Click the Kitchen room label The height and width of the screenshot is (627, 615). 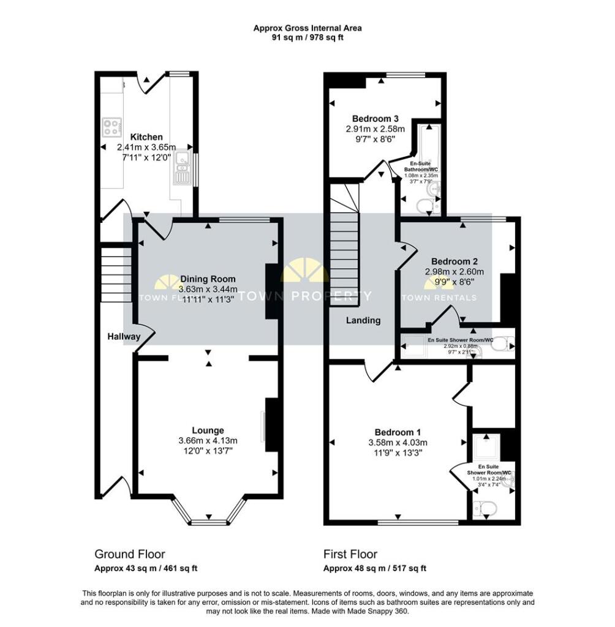pos(146,137)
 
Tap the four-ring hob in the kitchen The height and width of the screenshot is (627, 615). pos(111,127)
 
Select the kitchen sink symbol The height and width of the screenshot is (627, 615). pos(181,167)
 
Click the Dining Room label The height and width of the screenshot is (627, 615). pos(207,279)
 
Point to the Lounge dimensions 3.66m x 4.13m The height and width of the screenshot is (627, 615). pos(207,440)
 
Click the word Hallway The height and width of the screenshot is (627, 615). pos(124,337)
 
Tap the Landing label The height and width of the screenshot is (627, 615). pos(363,320)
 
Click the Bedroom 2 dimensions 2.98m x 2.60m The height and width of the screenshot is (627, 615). pos(454,272)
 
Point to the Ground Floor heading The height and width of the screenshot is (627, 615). pos(129,554)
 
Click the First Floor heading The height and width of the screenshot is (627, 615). pos(350,554)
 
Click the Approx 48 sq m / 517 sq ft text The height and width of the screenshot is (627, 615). pos(374,568)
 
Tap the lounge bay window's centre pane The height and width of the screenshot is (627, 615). pos(209,522)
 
